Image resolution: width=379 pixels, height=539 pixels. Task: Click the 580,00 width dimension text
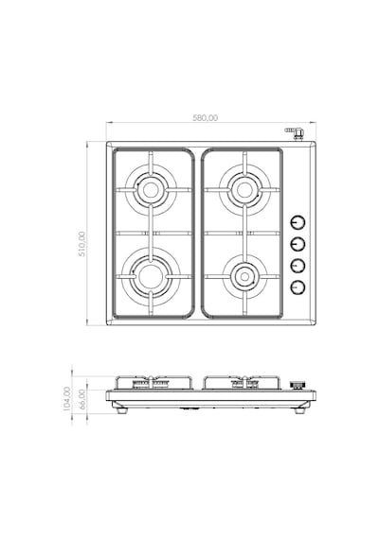[205, 118]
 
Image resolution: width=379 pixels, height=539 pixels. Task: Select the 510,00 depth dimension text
[82, 244]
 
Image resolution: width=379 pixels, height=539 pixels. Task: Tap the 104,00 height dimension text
[67, 398]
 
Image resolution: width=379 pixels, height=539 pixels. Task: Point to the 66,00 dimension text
[82, 399]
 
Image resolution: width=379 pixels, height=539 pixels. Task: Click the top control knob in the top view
[298, 223]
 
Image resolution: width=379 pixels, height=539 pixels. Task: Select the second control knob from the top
[298, 244]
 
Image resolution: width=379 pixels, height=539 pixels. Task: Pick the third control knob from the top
[298, 266]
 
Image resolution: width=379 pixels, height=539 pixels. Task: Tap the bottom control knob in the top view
[298, 287]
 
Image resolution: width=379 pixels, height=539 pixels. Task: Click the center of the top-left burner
[151, 190]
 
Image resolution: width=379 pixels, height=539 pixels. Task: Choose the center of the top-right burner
[244, 190]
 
